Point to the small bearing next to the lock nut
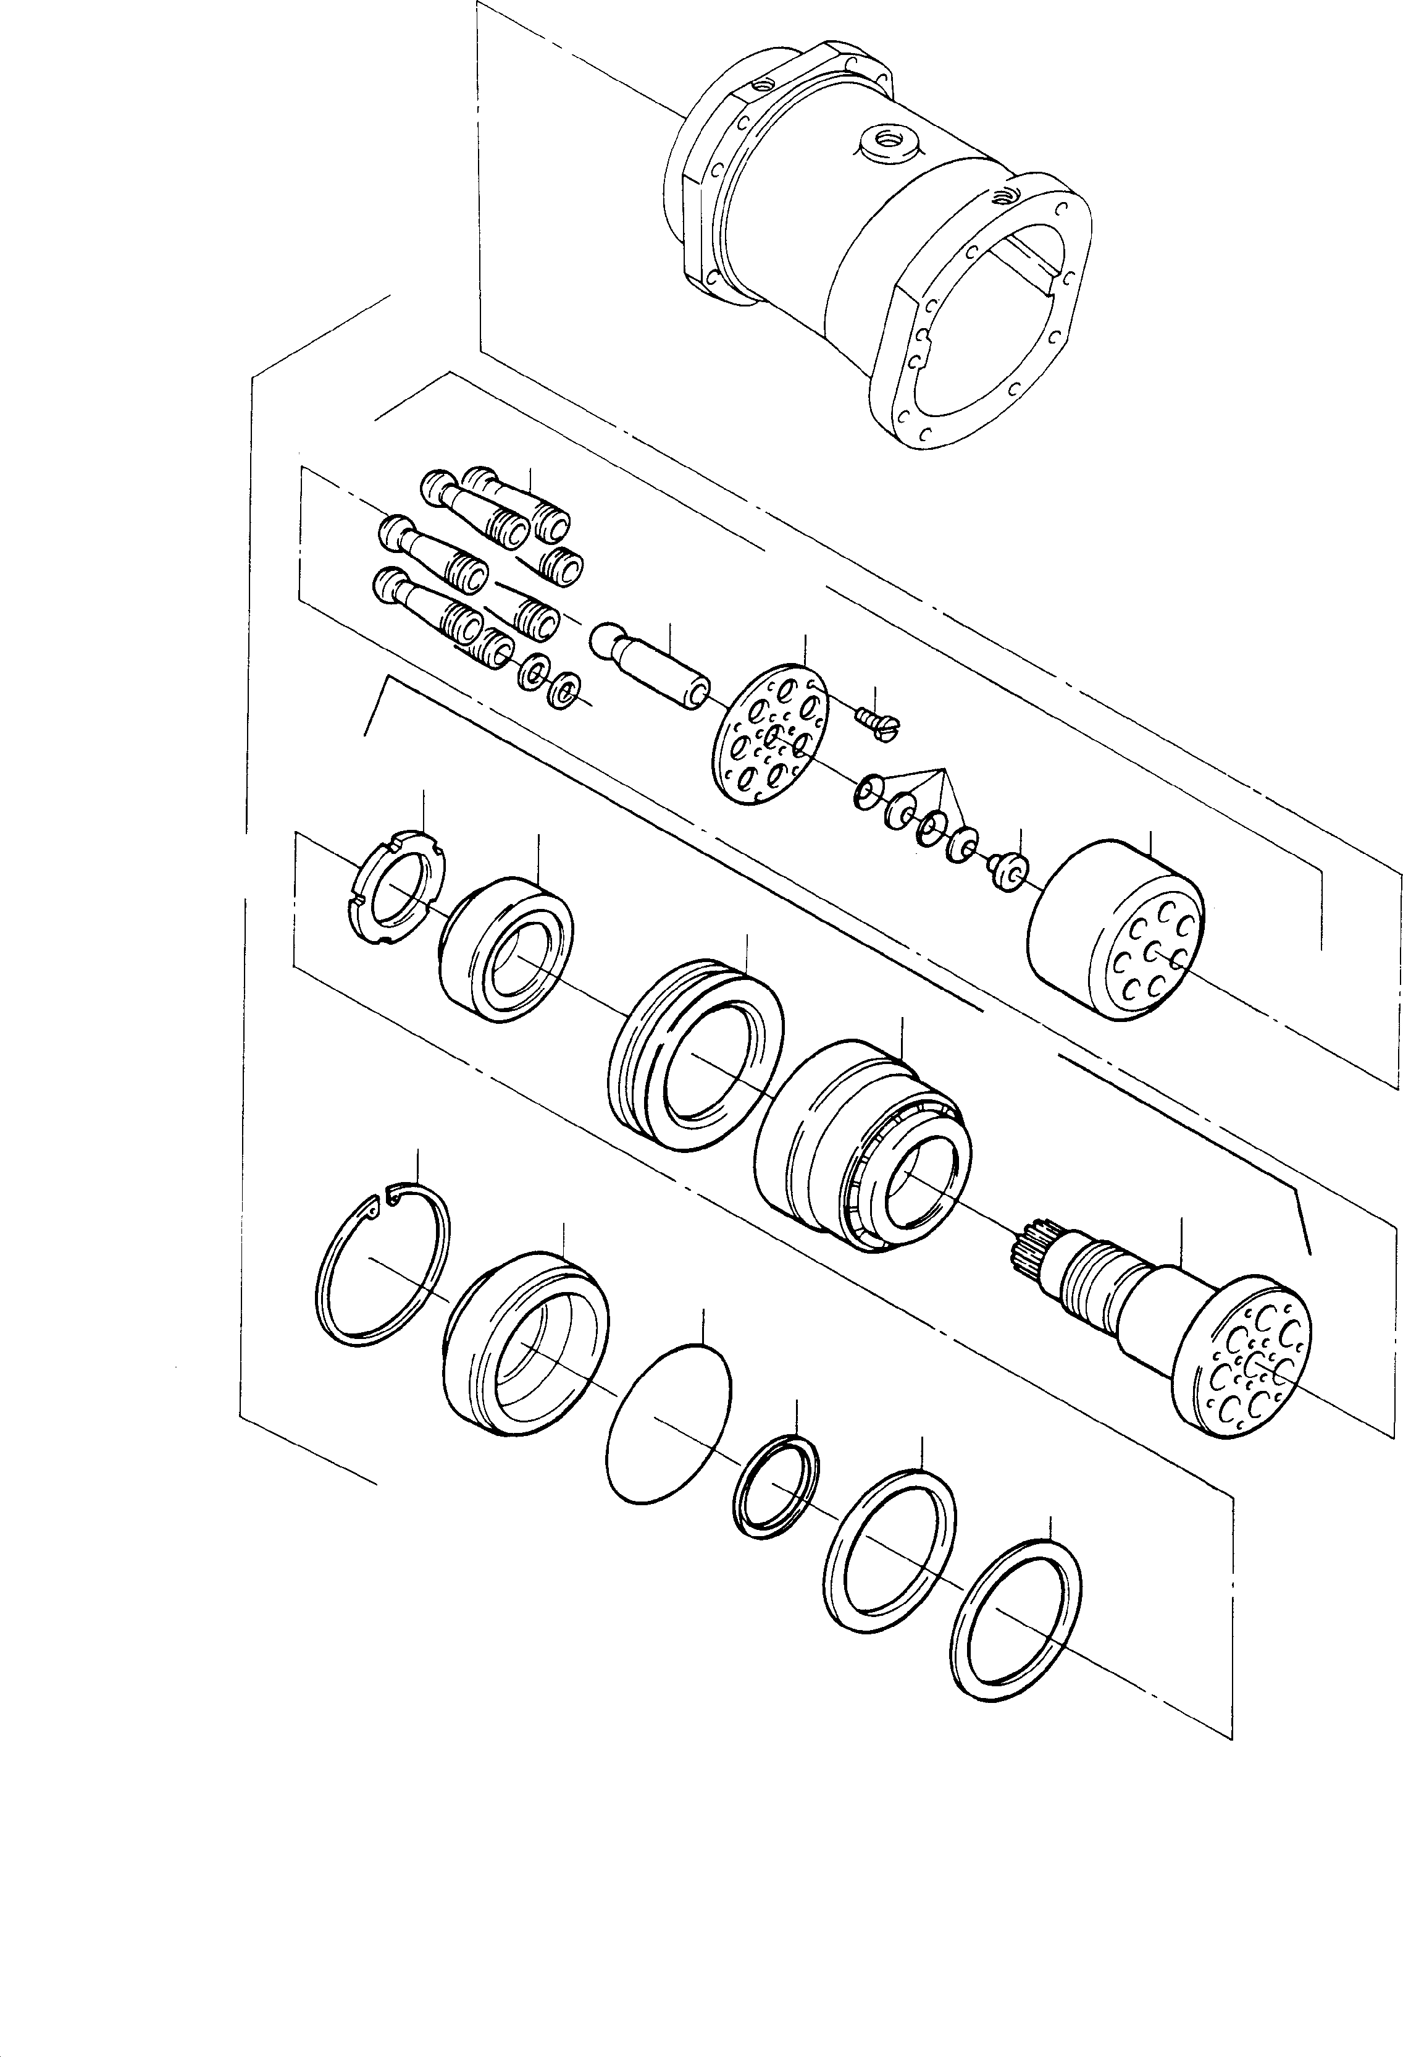point(505,948)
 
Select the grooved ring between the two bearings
point(696,1054)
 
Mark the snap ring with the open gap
point(383,1267)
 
